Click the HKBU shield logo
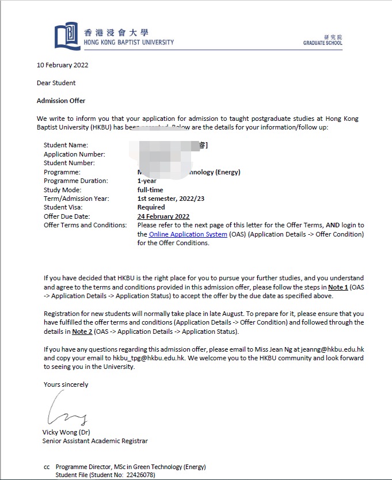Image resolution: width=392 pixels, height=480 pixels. click(x=67, y=36)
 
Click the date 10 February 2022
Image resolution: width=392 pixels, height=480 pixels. click(x=62, y=65)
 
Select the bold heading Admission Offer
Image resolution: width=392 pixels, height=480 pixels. click(x=61, y=101)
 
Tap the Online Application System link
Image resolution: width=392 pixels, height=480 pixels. click(x=188, y=234)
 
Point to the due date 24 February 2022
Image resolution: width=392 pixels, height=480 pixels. click(x=163, y=216)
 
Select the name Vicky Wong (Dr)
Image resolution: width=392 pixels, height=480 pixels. click(x=66, y=432)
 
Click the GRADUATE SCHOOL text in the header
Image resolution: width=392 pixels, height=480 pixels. click(x=322, y=43)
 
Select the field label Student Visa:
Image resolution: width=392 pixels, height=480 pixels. click(x=63, y=207)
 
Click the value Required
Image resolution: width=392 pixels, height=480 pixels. click(x=151, y=207)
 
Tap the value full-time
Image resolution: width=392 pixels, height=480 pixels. click(x=150, y=190)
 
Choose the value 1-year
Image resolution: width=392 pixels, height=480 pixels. click(x=147, y=181)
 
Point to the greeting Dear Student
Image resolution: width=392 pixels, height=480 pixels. click(x=56, y=83)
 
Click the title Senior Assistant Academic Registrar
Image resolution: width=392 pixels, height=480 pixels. click(x=95, y=441)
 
